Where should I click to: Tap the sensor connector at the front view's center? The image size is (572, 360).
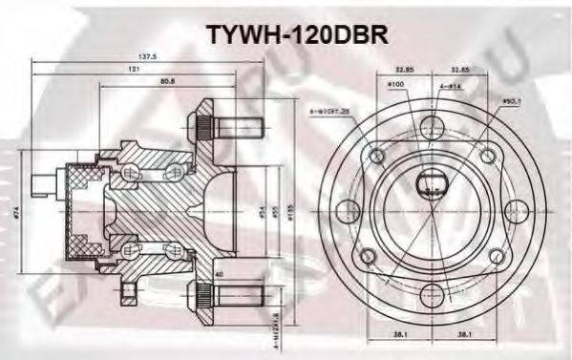430,184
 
